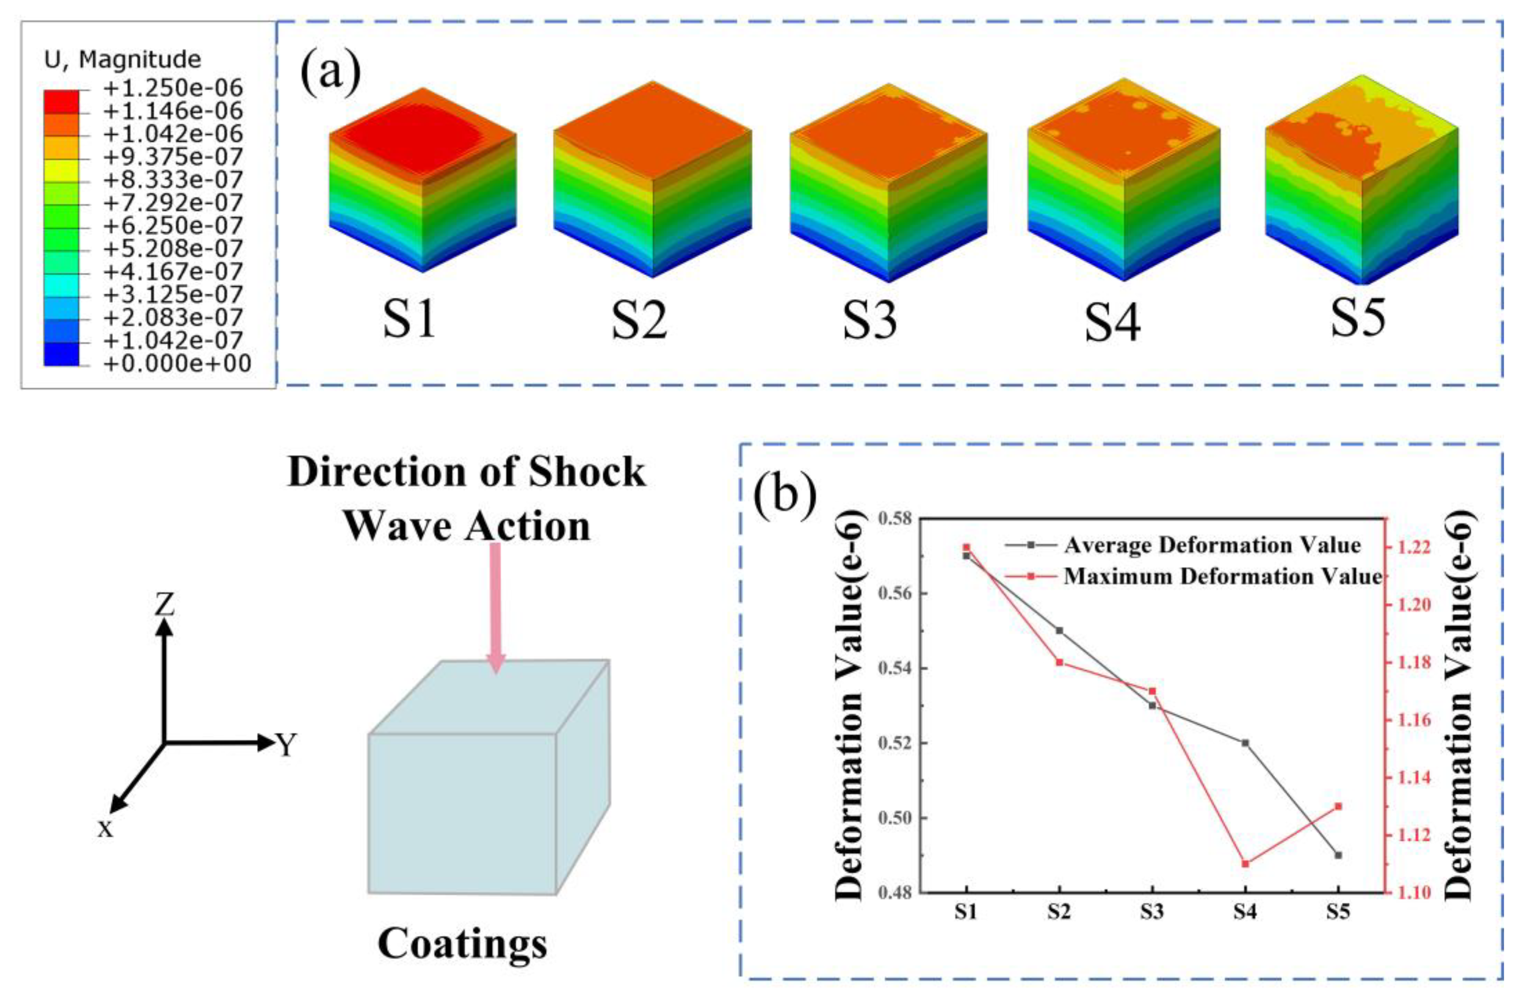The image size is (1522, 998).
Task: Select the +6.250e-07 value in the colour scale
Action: point(173,225)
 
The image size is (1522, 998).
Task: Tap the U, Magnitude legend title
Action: point(122,59)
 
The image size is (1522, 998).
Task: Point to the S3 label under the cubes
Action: point(869,320)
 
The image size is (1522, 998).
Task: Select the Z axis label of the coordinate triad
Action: point(164,604)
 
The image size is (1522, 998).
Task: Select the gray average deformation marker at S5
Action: point(1338,855)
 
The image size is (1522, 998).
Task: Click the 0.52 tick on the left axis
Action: point(894,744)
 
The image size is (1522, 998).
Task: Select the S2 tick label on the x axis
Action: point(1059,912)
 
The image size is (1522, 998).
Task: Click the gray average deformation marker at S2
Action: point(1059,631)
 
